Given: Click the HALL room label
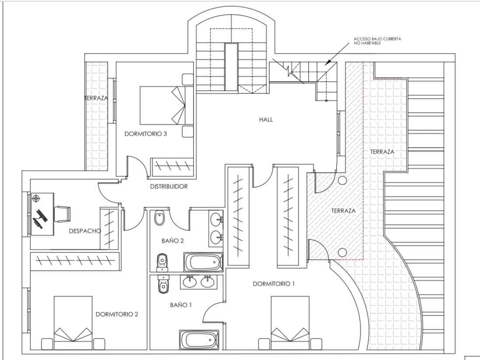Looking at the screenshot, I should [x=266, y=120].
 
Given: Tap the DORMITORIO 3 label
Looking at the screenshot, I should [x=145, y=134].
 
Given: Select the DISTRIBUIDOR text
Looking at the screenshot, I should [x=168, y=187].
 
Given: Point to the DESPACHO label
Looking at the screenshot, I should [x=85, y=231].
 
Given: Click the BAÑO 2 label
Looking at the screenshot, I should [x=170, y=240].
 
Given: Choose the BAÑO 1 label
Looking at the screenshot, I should [x=181, y=305].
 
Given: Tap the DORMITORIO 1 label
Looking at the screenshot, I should [x=274, y=284].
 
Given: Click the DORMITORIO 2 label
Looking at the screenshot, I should [x=117, y=314].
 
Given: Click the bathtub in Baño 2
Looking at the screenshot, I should [x=203, y=262].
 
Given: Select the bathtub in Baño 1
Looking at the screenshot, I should [x=199, y=339].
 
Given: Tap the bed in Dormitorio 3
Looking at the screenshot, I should [x=166, y=105].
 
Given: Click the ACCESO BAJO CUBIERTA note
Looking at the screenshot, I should [x=377, y=41].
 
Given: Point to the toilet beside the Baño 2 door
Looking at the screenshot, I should [x=159, y=218].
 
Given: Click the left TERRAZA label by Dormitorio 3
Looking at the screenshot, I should [x=96, y=98].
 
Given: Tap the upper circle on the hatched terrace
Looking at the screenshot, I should [x=342, y=180].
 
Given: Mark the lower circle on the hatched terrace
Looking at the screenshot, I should [x=342, y=252].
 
